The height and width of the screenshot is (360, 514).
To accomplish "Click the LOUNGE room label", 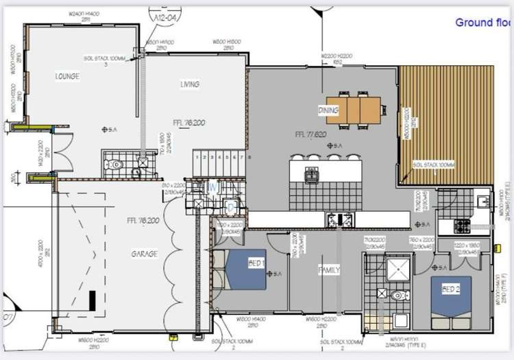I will [x=67, y=76].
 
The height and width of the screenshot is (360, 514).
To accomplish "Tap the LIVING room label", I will [x=190, y=84].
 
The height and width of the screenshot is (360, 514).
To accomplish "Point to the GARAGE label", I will [x=145, y=253].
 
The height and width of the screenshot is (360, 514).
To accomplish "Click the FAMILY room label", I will [x=329, y=270].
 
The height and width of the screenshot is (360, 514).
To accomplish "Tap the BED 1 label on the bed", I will [x=238, y=263].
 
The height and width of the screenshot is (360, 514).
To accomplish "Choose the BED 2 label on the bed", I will [x=450, y=289].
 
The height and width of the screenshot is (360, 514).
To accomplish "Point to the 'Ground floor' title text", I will [x=483, y=23].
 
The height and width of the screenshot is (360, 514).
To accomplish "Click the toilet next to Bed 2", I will [x=400, y=296].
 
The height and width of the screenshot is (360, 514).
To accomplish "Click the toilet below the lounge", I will [x=116, y=165].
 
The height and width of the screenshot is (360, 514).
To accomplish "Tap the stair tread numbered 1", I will [x=198, y=157].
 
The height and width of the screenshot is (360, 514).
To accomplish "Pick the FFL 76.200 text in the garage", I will [x=143, y=221].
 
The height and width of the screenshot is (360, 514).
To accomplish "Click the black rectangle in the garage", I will [x=92, y=300].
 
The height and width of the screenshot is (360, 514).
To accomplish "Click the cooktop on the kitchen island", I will [x=312, y=175].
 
